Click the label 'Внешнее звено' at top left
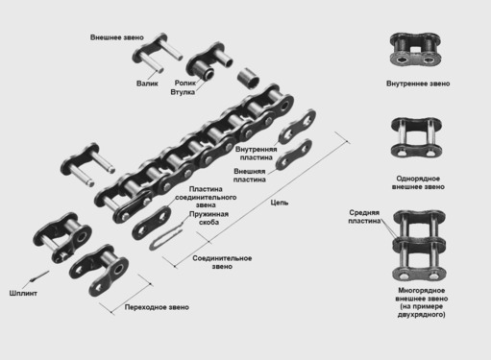117,37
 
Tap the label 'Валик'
147,84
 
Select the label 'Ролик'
185,83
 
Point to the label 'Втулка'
183,92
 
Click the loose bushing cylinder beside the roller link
248,79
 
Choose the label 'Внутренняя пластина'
256,154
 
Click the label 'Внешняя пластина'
250,176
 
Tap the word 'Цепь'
280,203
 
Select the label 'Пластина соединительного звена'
206,197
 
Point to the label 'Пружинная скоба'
209,218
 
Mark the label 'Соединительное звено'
222,262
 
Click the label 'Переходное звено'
157,307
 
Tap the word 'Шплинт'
23,293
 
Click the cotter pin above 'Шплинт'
39,276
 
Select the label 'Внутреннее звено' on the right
418,84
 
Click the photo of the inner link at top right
415,49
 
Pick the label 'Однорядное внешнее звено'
418,182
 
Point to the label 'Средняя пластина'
364,217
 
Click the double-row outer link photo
419,245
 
